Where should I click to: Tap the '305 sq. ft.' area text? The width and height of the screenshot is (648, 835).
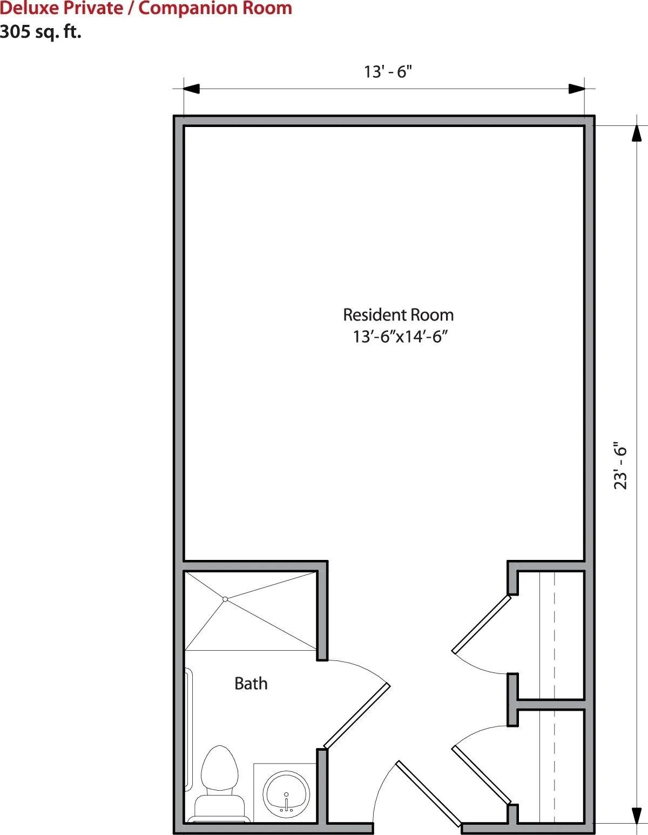(x=40, y=32)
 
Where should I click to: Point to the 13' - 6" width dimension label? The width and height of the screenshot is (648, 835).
(x=388, y=72)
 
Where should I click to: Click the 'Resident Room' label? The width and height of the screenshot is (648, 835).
(x=399, y=315)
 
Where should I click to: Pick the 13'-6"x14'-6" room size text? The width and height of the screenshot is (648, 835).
(x=401, y=337)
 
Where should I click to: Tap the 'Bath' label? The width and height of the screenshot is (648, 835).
(x=251, y=684)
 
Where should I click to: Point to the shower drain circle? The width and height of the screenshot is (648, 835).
(x=225, y=599)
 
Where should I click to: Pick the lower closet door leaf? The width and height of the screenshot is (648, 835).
(x=481, y=776)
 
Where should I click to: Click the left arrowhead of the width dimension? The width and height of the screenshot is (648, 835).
(x=191, y=89)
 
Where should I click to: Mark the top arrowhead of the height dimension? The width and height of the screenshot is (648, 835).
(x=637, y=133)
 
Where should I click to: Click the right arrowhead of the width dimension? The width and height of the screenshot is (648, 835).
(x=577, y=89)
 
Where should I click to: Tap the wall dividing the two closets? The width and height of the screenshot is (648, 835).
(x=551, y=704)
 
